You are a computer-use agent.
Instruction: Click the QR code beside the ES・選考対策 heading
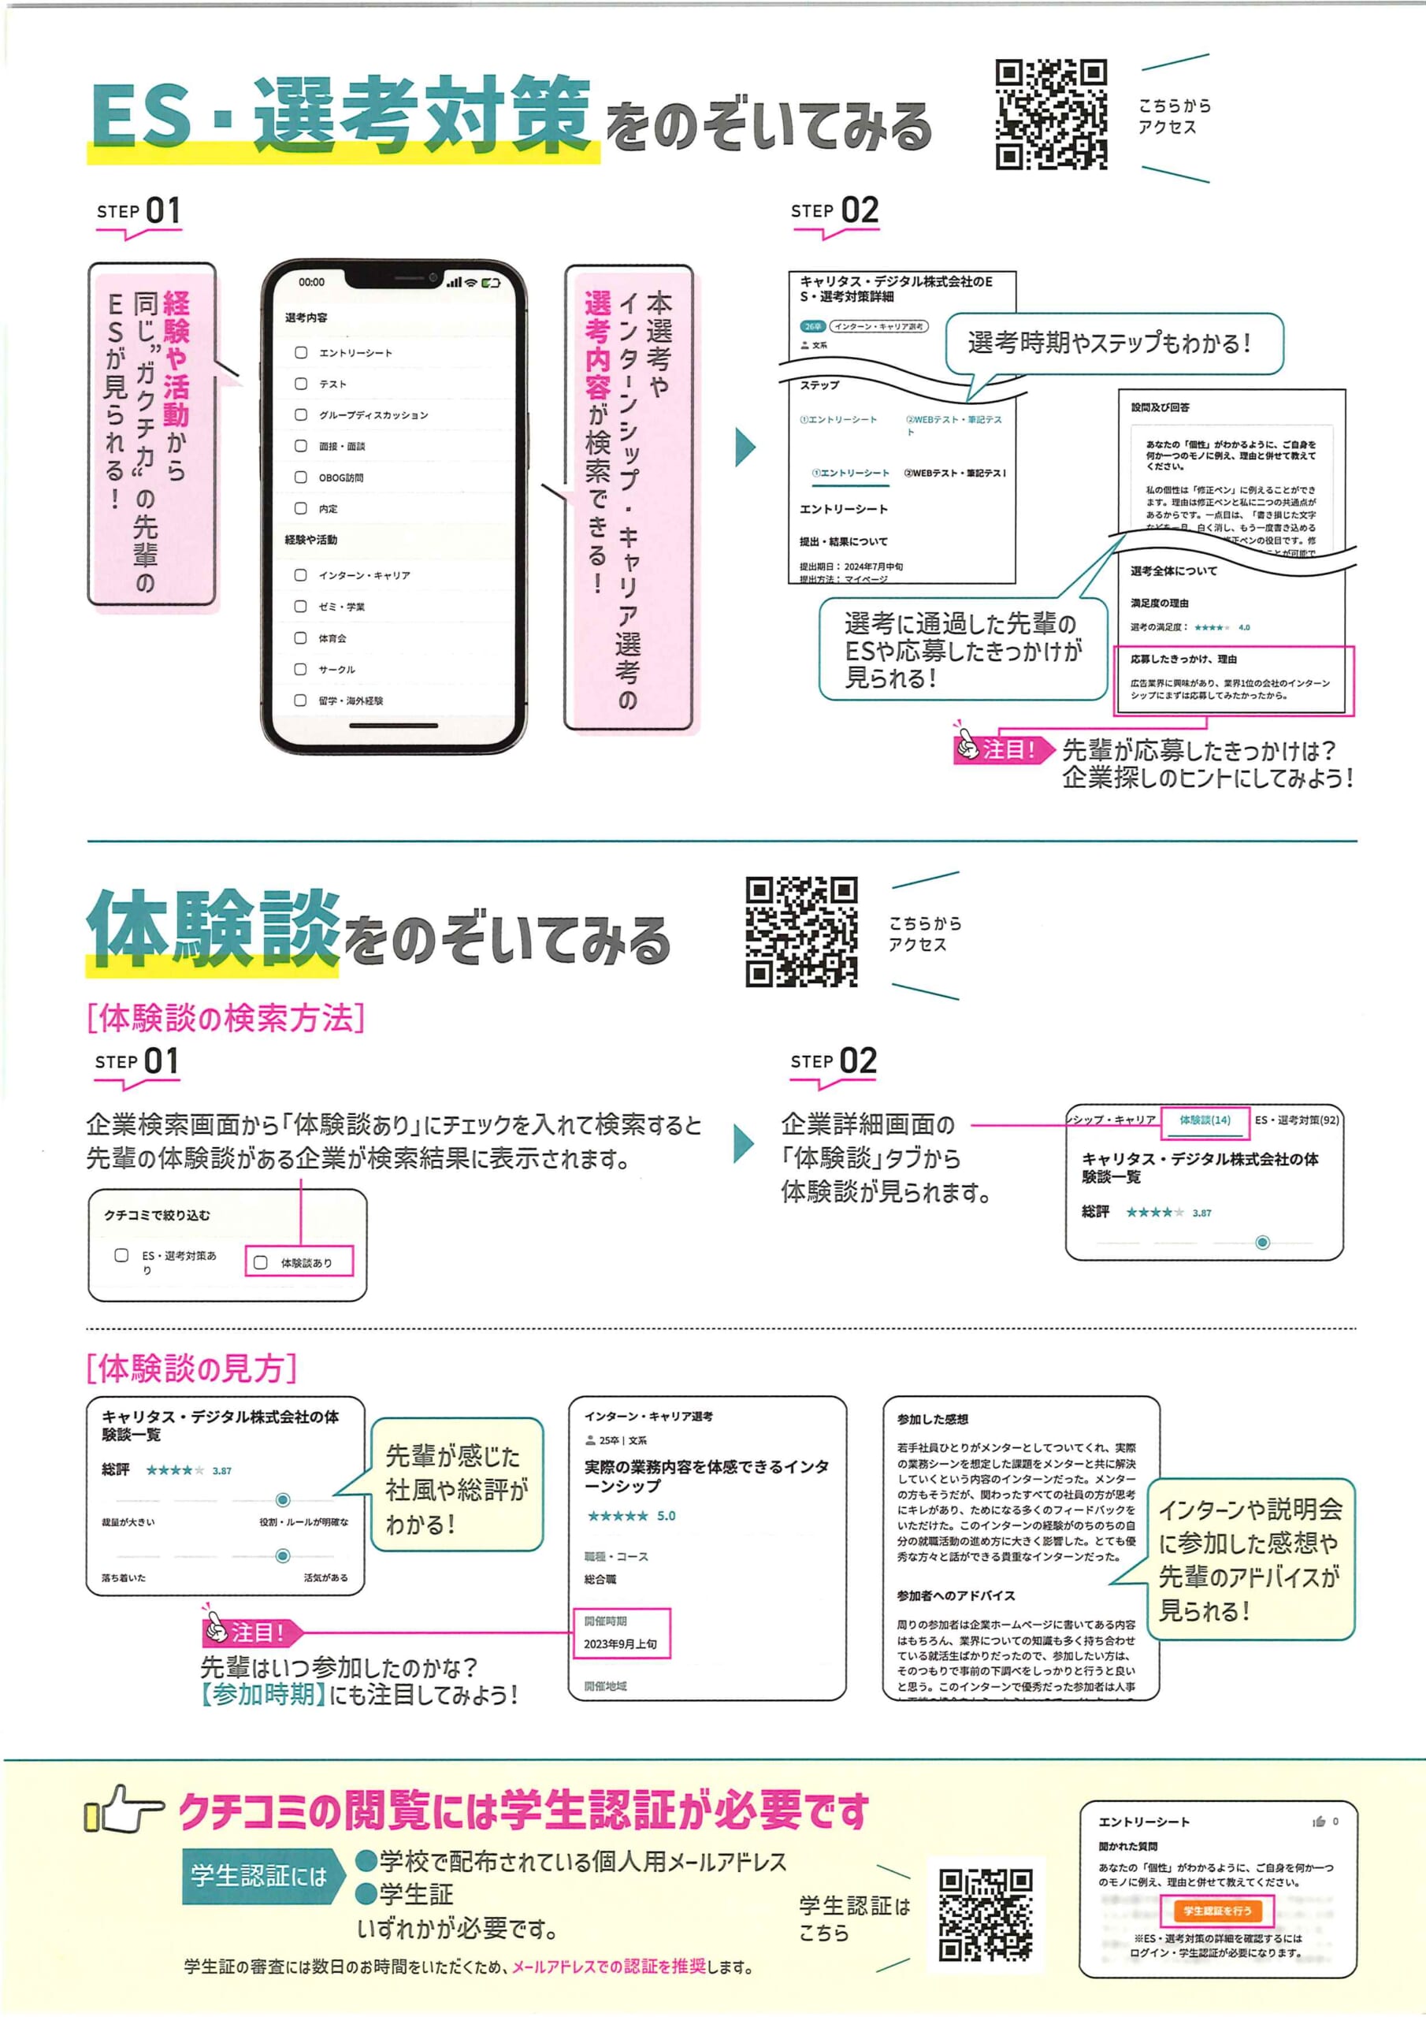[x=1051, y=114]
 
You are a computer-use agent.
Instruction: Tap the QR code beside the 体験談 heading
[x=801, y=931]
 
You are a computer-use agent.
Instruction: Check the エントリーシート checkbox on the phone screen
[x=300, y=352]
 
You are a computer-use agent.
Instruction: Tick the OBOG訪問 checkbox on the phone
[x=300, y=477]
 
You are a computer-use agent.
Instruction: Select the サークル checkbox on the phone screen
[x=300, y=669]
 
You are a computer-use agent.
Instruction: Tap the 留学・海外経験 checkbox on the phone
[x=300, y=700]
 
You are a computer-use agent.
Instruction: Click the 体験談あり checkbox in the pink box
[x=261, y=1262]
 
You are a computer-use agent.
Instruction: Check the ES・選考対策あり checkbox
[x=122, y=1255]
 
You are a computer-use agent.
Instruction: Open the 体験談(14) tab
[x=1205, y=1120]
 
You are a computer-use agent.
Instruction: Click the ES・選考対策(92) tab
[x=1296, y=1120]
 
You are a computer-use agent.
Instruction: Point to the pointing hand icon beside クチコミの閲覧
[x=123, y=1811]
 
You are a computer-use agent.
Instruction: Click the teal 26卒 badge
[x=813, y=327]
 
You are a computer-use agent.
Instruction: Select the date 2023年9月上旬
[x=620, y=1644]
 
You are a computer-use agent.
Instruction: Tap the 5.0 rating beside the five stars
[x=666, y=1515]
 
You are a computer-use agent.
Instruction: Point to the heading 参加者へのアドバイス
[x=955, y=1595]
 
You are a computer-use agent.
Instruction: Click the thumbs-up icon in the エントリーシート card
[x=1318, y=1822]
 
